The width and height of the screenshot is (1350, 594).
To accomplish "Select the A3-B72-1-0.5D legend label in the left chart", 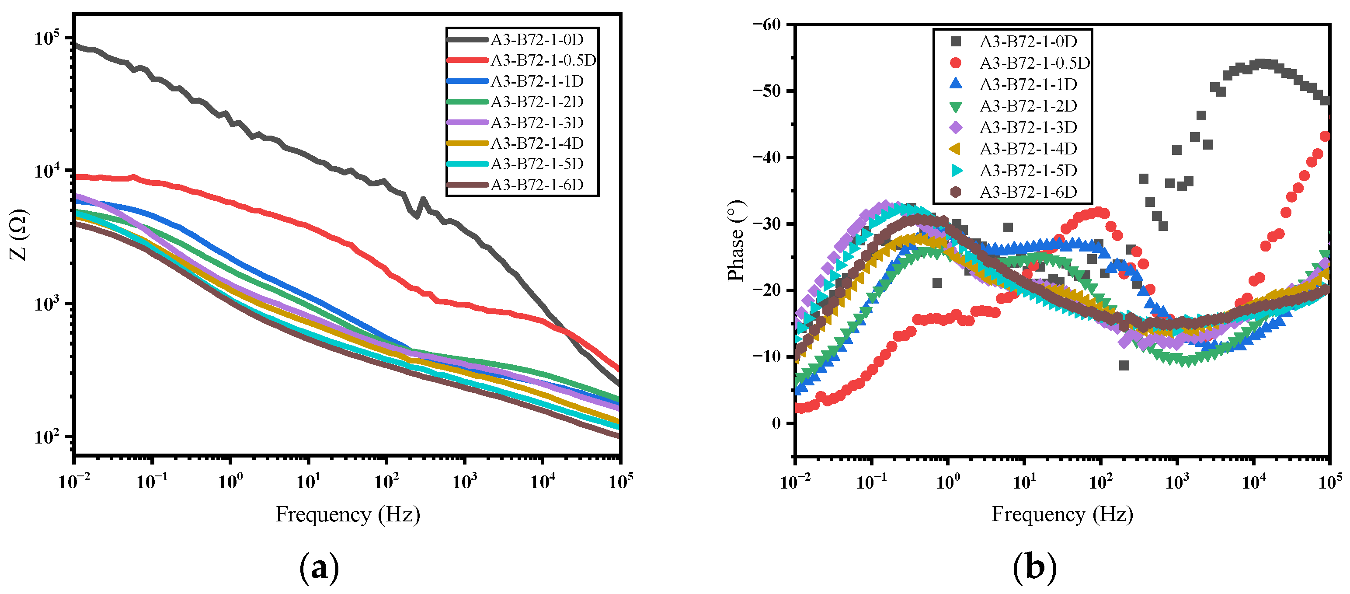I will (543, 60).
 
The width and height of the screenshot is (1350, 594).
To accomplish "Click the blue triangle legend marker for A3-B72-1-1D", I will (956, 84).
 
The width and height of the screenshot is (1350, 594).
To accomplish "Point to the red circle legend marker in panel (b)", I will (956, 63).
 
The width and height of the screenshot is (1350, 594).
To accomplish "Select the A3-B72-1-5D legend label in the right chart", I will (1028, 171).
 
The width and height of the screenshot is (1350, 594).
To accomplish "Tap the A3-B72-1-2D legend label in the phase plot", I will (1028, 106).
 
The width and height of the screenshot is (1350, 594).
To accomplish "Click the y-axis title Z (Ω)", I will (19, 234).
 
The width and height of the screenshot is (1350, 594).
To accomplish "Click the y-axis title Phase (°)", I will (736, 241).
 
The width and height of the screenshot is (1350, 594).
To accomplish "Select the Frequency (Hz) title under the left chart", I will (348, 514).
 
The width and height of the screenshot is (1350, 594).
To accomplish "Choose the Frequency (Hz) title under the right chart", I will (1062, 514).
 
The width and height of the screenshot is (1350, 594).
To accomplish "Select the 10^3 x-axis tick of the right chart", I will (1177, 480).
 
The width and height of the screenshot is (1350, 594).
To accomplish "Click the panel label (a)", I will (319, 568).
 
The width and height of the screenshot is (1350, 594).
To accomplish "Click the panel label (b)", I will (1034, 568).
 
